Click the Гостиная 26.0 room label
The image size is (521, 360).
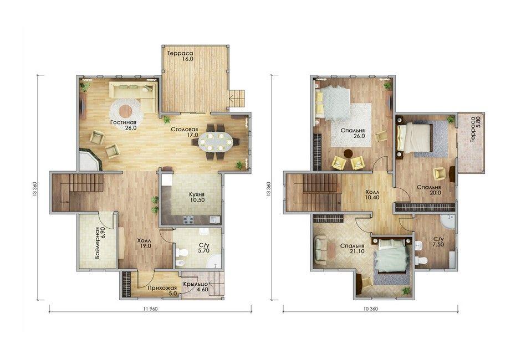124,125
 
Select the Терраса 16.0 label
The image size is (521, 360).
181,56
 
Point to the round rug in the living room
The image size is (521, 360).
126,111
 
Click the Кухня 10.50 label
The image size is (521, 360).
197,197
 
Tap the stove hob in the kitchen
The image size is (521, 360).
188,220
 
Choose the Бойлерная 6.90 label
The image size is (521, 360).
99,240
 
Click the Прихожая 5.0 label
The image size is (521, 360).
162,291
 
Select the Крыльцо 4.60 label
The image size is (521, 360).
195,286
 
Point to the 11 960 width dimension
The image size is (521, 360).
150,308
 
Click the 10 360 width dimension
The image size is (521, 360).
370,308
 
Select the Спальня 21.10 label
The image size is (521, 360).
352,249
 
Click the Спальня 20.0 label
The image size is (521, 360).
429,189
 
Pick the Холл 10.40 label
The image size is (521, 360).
372,194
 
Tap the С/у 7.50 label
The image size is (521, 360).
438,242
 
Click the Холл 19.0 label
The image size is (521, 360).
145,243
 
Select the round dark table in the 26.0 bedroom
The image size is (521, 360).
348,154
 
